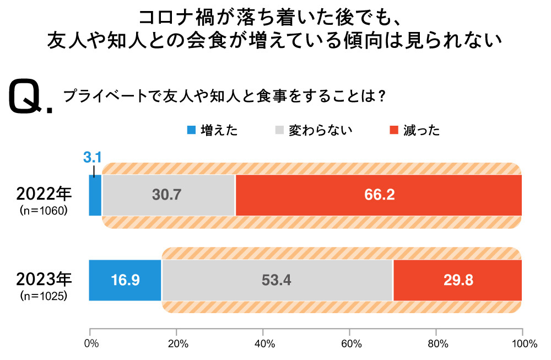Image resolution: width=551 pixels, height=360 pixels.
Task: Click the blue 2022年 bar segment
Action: tap(95, 196)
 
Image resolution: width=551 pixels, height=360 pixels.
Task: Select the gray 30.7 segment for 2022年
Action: tap(169, 196)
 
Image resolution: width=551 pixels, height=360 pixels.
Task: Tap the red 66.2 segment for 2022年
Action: tap(379, 196)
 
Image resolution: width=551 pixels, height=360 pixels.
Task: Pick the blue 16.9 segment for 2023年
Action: tap(126, 280)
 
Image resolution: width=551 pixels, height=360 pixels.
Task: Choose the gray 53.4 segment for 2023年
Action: tap(277, 280)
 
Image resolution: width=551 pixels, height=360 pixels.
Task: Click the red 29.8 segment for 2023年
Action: tap(457, 280)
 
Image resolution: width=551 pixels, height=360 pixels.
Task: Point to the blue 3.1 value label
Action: tap(93, 158)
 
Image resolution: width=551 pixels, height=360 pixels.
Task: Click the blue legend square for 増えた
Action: tap(191, 131)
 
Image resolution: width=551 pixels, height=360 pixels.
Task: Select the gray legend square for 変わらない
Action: tap(279, 131)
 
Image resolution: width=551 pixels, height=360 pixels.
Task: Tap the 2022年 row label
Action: tap(44, 194)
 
